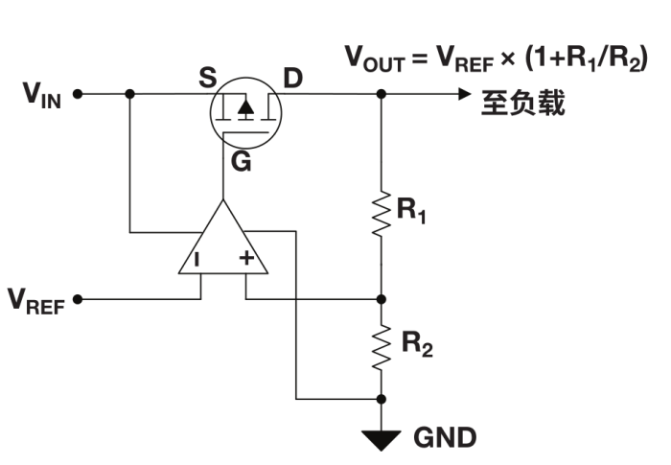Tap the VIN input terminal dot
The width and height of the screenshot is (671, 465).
point(78,94)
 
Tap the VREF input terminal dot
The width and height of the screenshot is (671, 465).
point(78,298)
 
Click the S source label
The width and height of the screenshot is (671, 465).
point(207,78)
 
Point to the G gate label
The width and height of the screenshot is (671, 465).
point(241,163)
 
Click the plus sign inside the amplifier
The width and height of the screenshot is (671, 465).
point(245,258)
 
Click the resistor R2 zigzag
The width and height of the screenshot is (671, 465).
point(382,346)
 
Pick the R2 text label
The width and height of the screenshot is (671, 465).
point(416,345)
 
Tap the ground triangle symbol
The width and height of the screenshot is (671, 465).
point(382,439)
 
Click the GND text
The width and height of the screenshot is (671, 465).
point(445,438)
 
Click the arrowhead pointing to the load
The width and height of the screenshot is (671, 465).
point(464,94)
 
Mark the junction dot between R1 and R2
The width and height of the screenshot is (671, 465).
point(382,298)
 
